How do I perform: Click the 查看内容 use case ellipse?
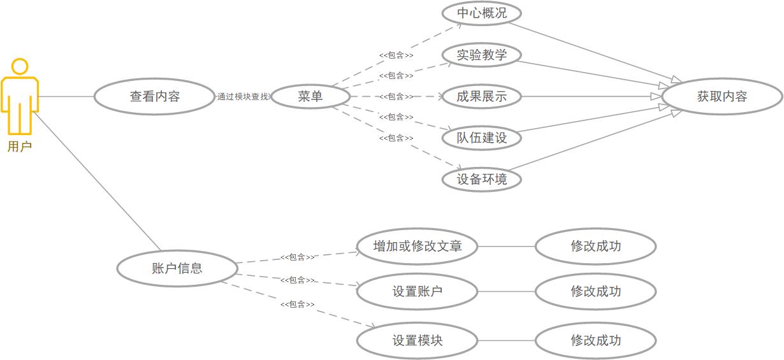pos(155,97)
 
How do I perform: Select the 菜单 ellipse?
pos(310,97)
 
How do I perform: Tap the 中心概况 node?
pos(482,13)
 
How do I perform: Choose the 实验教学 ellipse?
pos(482,55)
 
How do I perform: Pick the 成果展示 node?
pos(482,97)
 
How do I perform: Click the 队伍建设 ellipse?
pos(482,138)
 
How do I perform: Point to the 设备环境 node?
pos(482,179)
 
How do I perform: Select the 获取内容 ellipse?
pos(722,97)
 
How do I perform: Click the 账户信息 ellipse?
pos(177,268)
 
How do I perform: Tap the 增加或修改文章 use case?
pos(417,246)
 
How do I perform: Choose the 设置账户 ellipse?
pos(417,292)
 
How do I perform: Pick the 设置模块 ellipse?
pos(417,340)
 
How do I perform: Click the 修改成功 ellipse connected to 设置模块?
pos(595,340)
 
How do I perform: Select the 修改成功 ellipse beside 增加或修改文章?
pos(595,246)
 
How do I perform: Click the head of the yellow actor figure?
pos(20,66)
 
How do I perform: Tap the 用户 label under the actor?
pos(20,147)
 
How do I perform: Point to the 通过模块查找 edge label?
pos(243,97)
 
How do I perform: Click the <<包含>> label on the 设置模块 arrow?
pos(297,305)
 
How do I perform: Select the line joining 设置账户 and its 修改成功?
pos(506,292)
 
